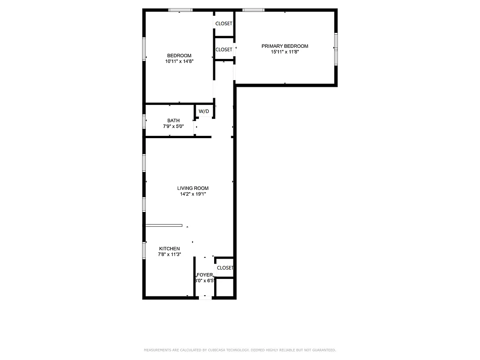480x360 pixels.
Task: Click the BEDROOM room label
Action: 179,56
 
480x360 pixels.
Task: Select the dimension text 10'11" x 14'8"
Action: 179,62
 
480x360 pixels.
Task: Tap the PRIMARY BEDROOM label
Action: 285,46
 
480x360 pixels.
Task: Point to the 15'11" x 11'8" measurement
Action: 285,52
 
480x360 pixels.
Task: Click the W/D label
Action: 204,111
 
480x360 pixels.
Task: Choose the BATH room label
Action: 173,121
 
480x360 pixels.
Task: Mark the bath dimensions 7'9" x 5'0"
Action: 173,126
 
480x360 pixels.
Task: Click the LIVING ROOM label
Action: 193,188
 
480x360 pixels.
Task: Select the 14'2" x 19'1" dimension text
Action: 193,194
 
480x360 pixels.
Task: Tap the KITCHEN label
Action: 169,249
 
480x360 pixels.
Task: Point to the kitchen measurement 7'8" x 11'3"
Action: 169,255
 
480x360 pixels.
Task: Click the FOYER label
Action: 205,274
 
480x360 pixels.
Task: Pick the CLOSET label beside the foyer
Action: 225,268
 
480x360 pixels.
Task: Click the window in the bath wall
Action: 144,121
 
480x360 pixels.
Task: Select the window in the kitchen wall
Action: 144,250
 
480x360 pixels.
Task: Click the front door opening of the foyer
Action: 205,297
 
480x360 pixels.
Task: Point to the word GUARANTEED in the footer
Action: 323,350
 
